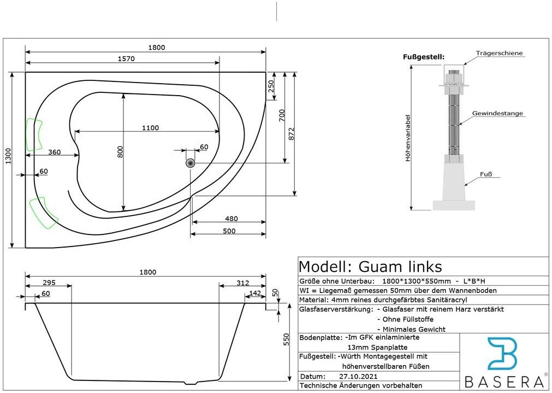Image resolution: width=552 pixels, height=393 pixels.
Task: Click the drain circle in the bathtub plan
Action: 191,163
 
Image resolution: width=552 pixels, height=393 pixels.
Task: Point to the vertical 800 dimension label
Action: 121,151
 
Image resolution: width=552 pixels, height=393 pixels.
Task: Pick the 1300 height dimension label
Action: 8,157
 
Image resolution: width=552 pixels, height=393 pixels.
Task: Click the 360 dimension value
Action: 54,152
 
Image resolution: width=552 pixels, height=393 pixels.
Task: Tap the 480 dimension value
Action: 232,219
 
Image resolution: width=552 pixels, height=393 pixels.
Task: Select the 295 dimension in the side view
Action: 50,283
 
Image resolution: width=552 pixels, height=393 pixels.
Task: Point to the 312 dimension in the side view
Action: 243,283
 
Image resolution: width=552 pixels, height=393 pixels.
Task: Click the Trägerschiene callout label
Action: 499,53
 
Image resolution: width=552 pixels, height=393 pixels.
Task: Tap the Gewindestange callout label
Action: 497,114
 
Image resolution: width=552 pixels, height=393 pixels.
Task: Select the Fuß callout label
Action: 486,174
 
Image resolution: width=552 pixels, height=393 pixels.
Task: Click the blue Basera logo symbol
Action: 502,355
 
